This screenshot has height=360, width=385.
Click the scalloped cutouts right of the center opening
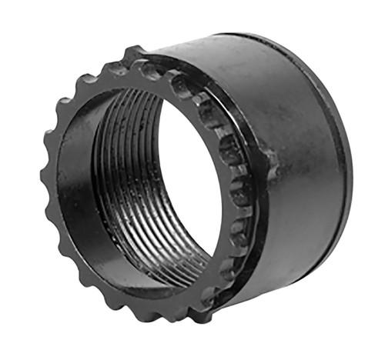click(231, 185)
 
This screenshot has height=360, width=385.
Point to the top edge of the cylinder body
click(231, 38)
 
